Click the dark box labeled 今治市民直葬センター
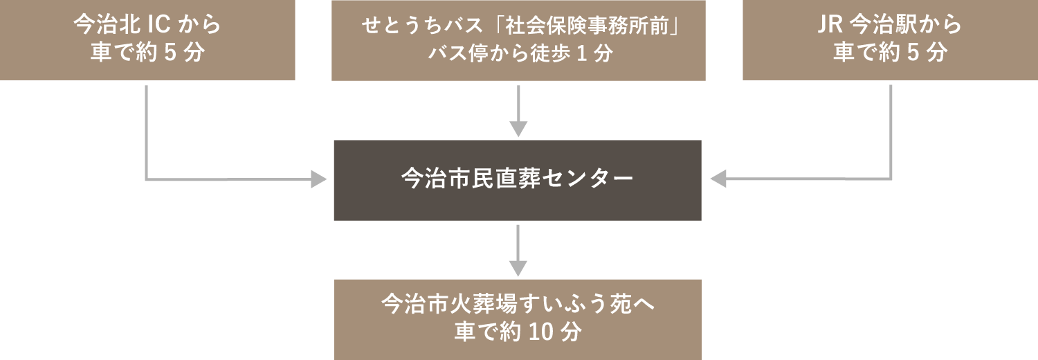[x=518, y=180]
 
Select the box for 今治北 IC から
[x=147, y=40]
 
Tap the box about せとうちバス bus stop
[x=518, y=40]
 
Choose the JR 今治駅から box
[x=890, y=40]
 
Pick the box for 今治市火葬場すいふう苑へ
[x=518, y=320]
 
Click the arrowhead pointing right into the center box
[x=319, y=179]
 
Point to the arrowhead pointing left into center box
[x=718, y=179]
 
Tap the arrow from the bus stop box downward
[x=518, y=111]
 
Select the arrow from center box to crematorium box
[x=518, y=251]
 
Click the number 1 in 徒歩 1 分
[x=581, y=54]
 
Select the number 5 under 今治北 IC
[x=170, y=53]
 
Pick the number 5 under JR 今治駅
[x=913, y=53]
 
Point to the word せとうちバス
[x=421, y=26]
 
